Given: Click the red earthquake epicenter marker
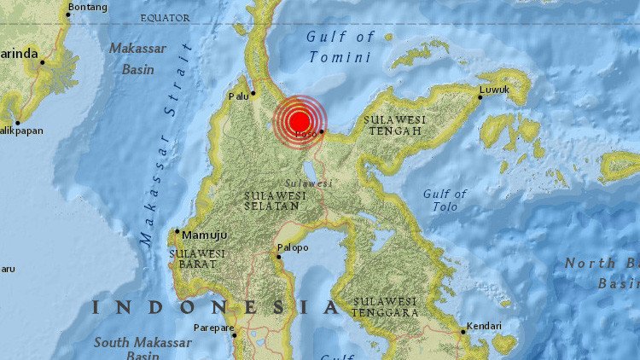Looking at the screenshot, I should click(x=299, y=121).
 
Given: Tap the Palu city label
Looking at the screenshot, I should click(x=238, y=96).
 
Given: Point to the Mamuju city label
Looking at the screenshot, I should click(x=199, y=231).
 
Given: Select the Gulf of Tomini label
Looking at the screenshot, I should click(x=340, y=47).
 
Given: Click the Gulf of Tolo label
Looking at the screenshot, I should click(x=445, y=200).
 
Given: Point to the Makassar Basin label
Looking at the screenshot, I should click(x=137, y=59).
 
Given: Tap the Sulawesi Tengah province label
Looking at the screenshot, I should click(x=393, y=125).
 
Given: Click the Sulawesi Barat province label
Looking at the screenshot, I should click(x=196, y=259).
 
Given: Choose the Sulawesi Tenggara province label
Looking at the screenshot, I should click(x=386, y=307).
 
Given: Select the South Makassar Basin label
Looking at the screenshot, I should click(x=143, y=348).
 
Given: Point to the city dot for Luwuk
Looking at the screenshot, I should click(x=480, y=96).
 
